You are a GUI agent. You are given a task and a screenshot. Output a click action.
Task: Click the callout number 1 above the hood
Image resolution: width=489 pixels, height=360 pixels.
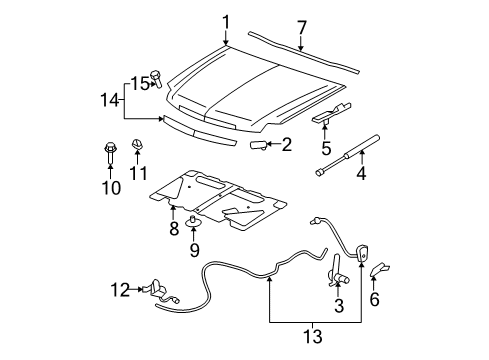pos(226,21)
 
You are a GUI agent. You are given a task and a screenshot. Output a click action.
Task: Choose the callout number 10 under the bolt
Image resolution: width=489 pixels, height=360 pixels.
pos(111,187)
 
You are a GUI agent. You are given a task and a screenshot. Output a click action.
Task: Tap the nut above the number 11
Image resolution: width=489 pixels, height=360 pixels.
pos(140,157)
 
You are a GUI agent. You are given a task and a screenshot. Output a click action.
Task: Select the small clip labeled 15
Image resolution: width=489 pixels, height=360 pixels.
pos(157,80)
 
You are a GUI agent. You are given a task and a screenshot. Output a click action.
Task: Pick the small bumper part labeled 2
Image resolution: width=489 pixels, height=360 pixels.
pos(259,146)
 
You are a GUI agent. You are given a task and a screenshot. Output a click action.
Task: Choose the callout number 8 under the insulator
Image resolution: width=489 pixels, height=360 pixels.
pos(173,228)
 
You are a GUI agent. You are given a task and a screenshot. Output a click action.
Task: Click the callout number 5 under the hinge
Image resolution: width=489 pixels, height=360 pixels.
pos(325,147)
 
